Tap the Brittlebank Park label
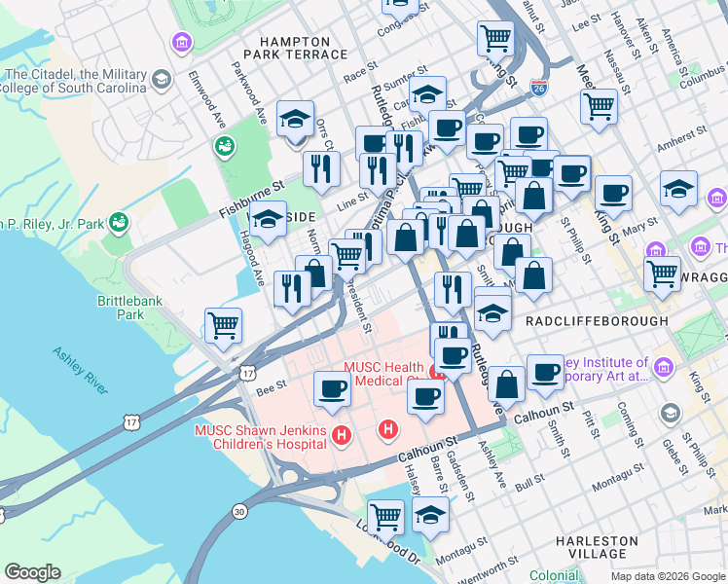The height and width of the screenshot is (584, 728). pyautogui.click(x=121, y=308)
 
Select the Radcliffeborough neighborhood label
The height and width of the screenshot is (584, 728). pyautogui.click(x=596, y=320)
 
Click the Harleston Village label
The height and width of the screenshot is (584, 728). pyautogui.click(x=598, y=547)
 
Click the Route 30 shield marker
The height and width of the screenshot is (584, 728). pyautogui.click(x=239, y=510)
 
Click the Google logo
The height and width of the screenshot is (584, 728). pyautogui.click(x=33, y=572)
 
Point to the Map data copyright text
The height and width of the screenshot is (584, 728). pyautogui.click(x=668, y=576)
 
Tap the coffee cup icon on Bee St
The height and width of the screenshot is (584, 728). pyautogui.click(x=332, y=389)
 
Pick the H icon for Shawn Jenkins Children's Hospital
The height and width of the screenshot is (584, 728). pyautogui.click(x=341, y=434)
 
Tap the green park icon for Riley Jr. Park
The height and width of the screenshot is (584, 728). pyautogui.click(x=119, y=222)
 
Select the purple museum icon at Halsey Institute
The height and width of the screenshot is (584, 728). pyautogui.click(x=664, y=367)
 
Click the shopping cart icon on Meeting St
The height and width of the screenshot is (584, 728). pyautogui.click(x=599, y=104)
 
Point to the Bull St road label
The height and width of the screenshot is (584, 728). pyautogui.click(x=530, y=481)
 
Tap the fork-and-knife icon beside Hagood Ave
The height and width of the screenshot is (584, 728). pyautogui.click(x=292, y=287)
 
